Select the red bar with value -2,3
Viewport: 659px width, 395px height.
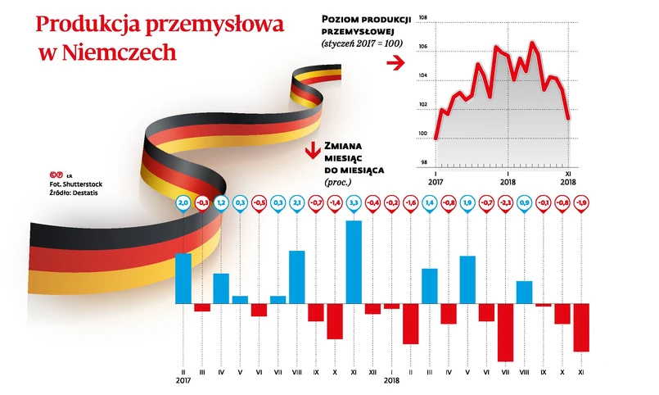(x=505, y=332)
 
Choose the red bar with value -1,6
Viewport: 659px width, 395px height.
(x=411, y=324)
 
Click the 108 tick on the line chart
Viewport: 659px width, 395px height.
(x=422, y=17)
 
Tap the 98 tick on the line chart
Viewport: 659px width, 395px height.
(x=422, y=162)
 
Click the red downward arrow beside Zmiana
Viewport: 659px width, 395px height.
(x=311, y=152)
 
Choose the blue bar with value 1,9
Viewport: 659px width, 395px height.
(x=467, y=279)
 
